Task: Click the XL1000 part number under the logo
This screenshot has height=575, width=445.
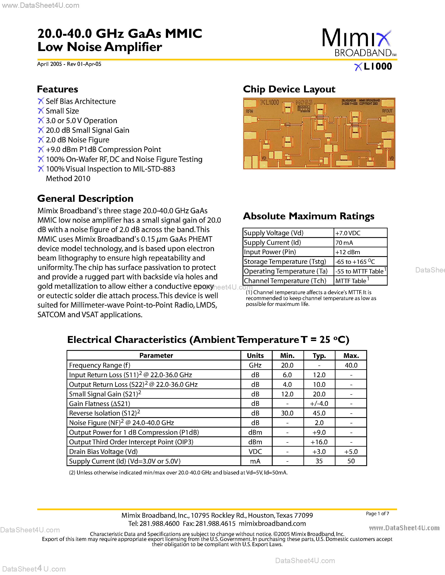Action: [373, 66]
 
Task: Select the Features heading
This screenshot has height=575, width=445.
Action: [57, 89]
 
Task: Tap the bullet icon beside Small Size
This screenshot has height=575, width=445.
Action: [41, 111]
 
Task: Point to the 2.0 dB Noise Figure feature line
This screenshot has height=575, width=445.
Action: [77, 140]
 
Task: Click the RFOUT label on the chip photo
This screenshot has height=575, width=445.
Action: [387, 111]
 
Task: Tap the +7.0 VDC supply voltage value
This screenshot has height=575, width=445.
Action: [348, 233]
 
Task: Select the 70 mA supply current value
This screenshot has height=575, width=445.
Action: [344, 243]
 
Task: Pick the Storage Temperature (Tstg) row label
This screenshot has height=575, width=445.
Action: [285, 262]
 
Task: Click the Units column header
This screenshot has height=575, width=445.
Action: [255, 355]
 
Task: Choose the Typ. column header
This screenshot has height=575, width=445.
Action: [319, 355]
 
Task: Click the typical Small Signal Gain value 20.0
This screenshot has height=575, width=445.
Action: [319, 394]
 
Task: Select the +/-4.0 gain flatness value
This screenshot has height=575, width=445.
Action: [319, 404]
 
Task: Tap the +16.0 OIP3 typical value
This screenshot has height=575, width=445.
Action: [319, 442]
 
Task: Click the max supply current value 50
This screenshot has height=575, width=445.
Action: [351, 461]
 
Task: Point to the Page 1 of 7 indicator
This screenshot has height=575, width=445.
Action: [377, 513]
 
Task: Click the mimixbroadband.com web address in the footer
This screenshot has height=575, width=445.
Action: [272, 523]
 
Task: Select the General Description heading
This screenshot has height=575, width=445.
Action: [85, 198]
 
